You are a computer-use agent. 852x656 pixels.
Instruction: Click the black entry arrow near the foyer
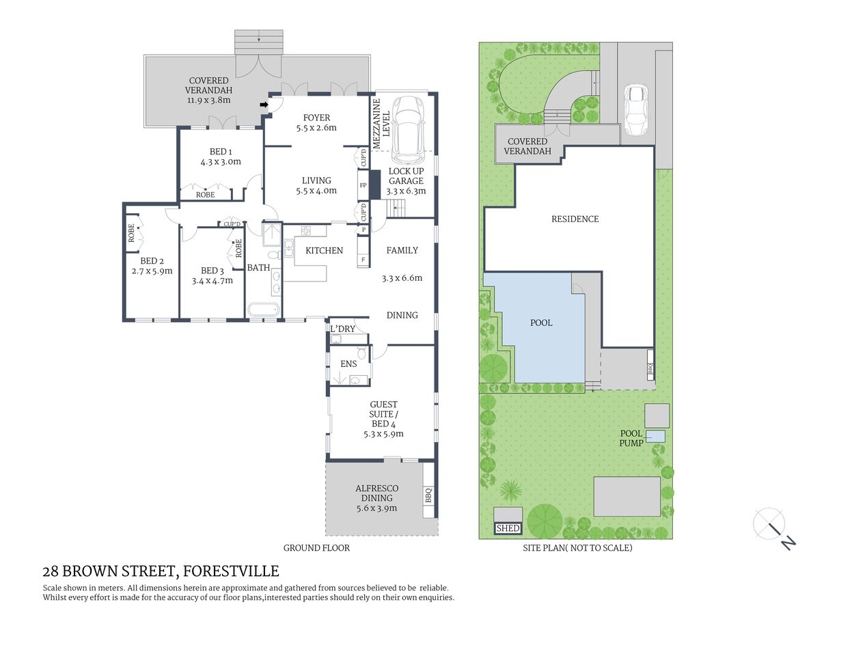pos(264,105)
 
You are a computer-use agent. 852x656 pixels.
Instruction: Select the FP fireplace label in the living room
pos(363,185)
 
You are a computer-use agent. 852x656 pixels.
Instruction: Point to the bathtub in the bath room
pos(263,310)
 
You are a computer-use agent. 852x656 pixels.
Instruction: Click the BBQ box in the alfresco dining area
pos(429,493)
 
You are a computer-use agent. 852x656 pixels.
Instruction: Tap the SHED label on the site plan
pos(508,528)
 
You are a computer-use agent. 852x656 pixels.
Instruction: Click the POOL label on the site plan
pos(541,323)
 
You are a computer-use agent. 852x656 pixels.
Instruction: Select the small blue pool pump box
pos(656,436)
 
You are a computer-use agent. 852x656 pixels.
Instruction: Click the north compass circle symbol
pos(768,523)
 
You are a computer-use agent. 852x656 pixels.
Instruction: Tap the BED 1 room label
pos(221,152)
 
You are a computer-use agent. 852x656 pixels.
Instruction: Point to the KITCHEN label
pos(324,251)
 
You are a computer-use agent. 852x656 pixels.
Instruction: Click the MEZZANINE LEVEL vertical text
pos(381,124)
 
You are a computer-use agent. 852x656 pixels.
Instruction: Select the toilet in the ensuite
pos(361,354)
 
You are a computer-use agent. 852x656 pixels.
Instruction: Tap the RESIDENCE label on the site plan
pos(575,219)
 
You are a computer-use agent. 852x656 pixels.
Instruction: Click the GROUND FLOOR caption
pos(316,548)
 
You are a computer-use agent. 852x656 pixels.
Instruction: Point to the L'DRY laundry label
pos(343,329)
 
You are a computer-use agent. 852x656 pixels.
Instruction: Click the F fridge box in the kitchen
pos(363,260)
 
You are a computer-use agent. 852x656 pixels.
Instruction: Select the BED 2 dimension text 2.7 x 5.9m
pos(152,271)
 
